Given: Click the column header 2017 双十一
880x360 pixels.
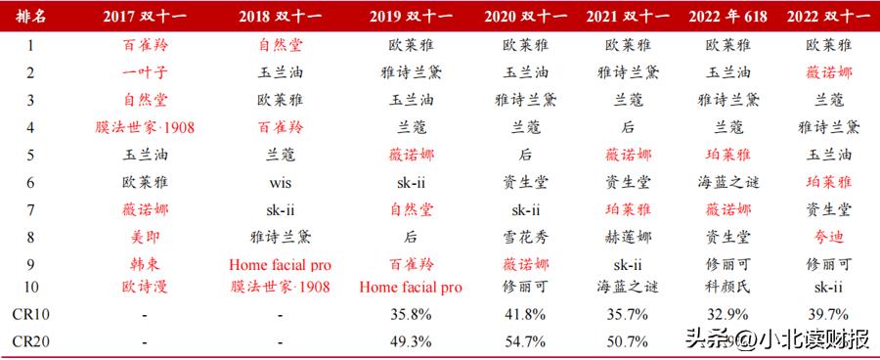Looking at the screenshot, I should [145, 18].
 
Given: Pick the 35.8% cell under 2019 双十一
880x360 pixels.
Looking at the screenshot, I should [410, 315].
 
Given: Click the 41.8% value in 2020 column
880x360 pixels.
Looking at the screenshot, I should [525, 315].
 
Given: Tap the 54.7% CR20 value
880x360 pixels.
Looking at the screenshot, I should [525, 341].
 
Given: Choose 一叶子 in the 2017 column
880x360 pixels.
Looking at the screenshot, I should [145, 72].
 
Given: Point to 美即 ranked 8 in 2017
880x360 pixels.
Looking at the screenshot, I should [145, 236].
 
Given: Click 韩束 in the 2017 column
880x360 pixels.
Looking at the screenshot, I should [145, 263].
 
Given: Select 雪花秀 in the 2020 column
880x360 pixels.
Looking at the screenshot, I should [525, 236].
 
